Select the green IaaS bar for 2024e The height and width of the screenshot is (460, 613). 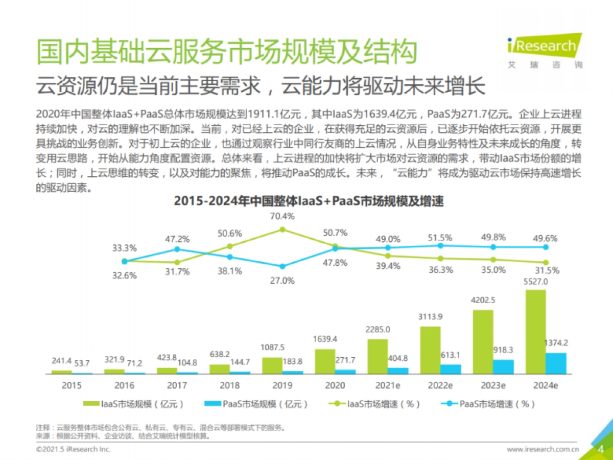click(x=536, y=332)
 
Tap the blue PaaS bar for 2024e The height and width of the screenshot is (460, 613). click(x=556, y=363)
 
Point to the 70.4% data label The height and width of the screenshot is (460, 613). click(x=282, y=216)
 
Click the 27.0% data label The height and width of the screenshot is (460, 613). click(x=282, y=280)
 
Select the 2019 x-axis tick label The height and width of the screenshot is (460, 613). click(x=282, y=385)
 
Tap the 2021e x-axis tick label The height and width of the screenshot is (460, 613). click(x=388, y=385)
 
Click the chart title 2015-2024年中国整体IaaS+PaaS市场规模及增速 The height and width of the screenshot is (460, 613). click(x=309, y=201)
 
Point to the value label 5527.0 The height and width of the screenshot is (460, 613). click(x=536, y=282)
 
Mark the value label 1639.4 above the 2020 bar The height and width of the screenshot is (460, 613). click(x=325, y=339)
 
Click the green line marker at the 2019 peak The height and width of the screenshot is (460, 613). click(x=282, y=229)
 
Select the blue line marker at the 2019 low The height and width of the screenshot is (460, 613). click(x=282, y=266)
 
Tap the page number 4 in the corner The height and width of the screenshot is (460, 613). click(x=601, y=449)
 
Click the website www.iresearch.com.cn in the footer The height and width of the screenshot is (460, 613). click(x=543, y=449)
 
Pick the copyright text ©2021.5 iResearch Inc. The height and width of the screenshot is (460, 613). click(x=73, y=449)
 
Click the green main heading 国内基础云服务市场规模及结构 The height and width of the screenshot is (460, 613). click(x=227, y=52)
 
